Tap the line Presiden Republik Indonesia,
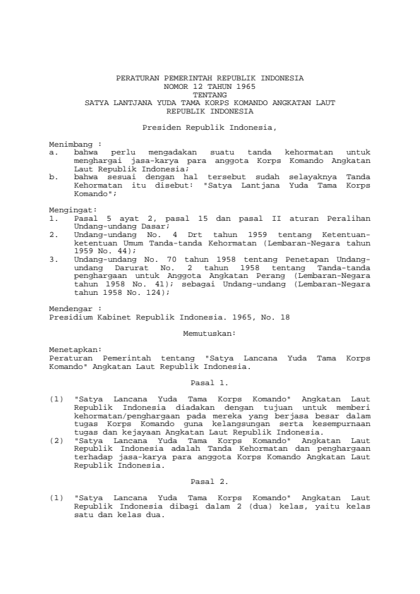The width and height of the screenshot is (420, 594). point(210,127)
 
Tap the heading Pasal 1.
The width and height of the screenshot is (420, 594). point(210,382)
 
